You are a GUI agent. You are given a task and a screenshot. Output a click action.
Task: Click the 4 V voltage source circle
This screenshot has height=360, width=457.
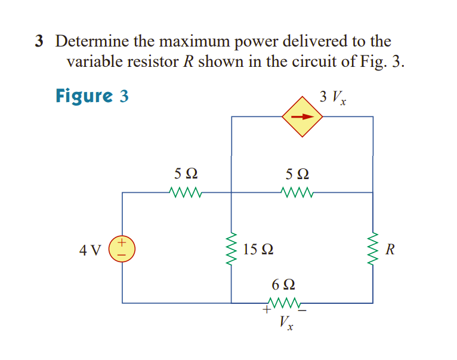tap(122, 248)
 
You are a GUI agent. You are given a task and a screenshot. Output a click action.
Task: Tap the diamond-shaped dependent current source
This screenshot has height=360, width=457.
tap(302, 116)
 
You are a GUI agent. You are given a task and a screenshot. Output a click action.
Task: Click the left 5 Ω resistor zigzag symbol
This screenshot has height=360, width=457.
tap(187, 193)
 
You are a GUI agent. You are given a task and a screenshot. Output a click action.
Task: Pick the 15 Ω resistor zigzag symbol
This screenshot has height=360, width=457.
tap(231, 249)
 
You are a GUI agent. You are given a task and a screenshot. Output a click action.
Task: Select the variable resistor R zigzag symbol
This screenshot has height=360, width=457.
tap(373, 249)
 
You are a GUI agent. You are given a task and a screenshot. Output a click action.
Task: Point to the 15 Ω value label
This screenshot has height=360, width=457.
tap(259, 249)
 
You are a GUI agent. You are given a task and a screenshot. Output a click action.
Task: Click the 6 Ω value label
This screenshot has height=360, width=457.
tap(283, 284)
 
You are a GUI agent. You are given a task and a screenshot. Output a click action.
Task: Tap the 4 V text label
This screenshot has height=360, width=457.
tap(90, 249)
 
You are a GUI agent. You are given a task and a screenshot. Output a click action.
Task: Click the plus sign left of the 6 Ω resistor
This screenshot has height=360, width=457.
tap(265, 310)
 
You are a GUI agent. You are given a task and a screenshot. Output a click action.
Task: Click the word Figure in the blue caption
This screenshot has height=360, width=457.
tap(84, 96)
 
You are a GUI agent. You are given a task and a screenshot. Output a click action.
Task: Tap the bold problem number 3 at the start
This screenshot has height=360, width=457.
tap(39, 41)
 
